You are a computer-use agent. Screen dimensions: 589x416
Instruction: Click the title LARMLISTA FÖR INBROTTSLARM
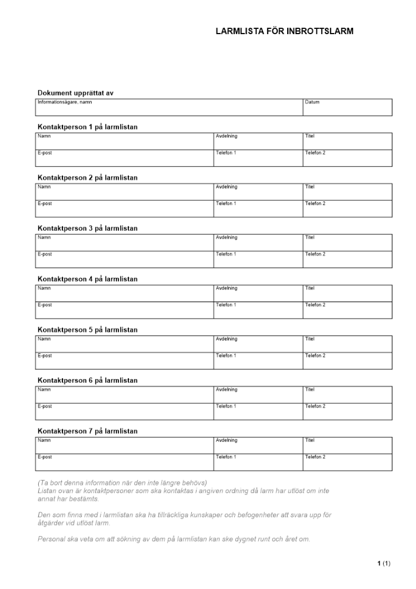[284, 31]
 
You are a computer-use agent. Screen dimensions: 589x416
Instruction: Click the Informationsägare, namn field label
[65, 102]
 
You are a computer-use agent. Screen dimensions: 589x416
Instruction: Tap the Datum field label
[312, 102]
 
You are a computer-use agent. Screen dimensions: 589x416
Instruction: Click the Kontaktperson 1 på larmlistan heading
[88, 127]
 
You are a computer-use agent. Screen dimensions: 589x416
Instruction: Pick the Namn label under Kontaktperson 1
[44, 136]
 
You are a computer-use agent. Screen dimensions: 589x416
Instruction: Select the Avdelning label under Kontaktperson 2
[227, 187]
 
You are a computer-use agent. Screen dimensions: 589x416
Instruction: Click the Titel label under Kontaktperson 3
[309, 237]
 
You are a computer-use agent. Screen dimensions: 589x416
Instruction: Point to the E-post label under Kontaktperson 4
[45, 305]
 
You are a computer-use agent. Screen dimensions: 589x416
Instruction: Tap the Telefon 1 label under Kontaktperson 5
[226, 356]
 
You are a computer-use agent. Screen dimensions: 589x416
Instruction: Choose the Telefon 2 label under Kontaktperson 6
[315, 406]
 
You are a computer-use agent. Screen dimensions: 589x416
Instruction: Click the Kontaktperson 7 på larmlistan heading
[88, 431]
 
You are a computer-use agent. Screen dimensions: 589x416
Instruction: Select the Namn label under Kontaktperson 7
[44, 440]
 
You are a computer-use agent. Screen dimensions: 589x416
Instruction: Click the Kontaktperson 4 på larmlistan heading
[88, 279]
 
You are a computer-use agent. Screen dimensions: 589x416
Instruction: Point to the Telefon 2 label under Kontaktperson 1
[315, 153]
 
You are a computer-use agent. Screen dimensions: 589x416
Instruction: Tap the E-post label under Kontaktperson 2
[45, 204]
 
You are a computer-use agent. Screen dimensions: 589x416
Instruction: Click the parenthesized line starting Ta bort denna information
[122, 483]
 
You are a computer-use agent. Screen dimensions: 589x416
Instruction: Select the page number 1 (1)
[384, 564]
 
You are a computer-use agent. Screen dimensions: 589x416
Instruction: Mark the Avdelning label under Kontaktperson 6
[227, 389]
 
